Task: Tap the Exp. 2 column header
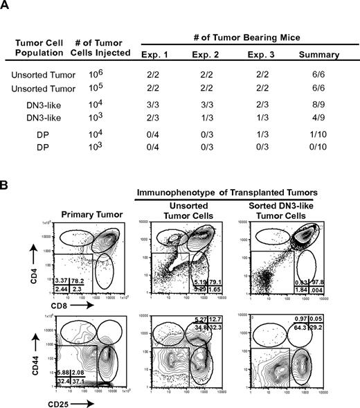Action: pos(212,51)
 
